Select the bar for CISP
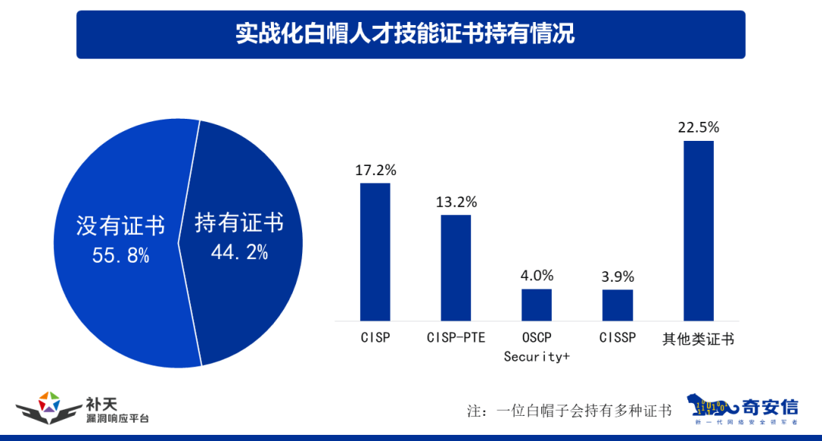click(374, 251)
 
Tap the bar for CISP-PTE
click(456, 267)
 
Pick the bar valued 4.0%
click(537, 304)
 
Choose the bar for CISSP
click(617, 305)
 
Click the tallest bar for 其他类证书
click(698, 230)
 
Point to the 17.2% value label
click(374, 170)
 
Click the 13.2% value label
click(456, 202)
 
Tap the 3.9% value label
click(617, 276)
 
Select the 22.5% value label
click(698, 127)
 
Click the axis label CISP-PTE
click(456, 337)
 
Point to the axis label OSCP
click(537, 337)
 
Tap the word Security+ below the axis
click(537, 356)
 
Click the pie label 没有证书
click(121, 225)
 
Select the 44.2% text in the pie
click(239, 252)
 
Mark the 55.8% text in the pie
click(120, 256)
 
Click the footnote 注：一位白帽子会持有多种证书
click(569, 411)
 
